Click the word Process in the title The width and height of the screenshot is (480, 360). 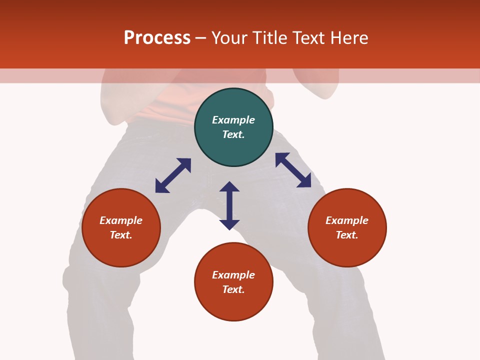click(x=157, y=38)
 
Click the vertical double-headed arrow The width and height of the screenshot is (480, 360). click(x=229, y=205)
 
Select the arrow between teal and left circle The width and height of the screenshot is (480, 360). click(x=173, y=175)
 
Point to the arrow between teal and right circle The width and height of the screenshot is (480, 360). click(x=293, y=170)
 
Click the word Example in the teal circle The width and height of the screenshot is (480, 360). click(x=233, y=120)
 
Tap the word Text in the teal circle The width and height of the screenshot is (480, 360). click(x=233, y=134)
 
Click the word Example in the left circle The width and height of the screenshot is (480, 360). click(x=121, y=220)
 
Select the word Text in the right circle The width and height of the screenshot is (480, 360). click(x=347, y=235)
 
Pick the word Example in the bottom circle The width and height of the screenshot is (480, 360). click(x=233, y=275)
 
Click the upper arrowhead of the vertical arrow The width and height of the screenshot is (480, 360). click(x=229, y=186)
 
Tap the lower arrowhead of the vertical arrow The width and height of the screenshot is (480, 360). click(x=229, y=224)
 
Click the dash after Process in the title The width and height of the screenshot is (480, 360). click(x=200, y=38)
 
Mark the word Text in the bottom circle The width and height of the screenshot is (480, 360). click(x=233, y=289)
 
